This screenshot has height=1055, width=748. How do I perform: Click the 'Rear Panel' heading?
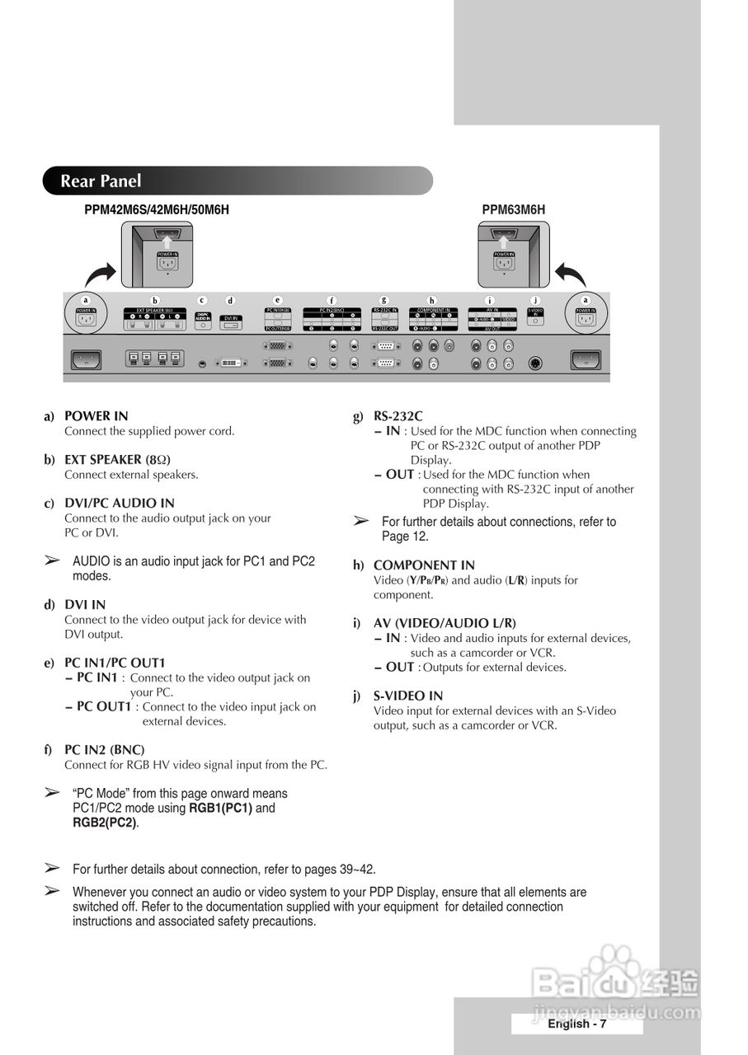(x=101, y=181)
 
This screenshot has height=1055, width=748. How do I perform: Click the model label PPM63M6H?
(x=513, y=210)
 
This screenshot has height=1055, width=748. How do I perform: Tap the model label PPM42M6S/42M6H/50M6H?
(x=157, y=210)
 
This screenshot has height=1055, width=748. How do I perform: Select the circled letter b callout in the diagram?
(x=154, y=301)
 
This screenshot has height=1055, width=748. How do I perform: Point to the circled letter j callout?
(x=535, y=301)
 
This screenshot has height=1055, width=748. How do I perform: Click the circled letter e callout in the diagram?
(x=277, y=301)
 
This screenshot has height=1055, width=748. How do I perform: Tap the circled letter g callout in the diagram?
(x=383, y=301)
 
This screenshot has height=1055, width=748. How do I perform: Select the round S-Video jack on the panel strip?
(x=535, y=363)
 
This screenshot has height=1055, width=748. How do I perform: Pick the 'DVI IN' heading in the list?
(x=85, y=605)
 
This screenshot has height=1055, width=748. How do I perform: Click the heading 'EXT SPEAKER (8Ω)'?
(x=117, y=460)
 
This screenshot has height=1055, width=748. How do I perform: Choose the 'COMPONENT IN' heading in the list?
(x=424, y=565)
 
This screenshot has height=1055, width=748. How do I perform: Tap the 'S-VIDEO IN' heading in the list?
(x=408, y=696)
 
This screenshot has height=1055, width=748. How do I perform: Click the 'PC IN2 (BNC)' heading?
(x=104, y=750)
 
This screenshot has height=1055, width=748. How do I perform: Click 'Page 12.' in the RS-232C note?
(x=405, y=537)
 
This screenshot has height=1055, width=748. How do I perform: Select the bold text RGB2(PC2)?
(x=104, y=823)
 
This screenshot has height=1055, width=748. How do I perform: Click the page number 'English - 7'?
(x=576, y=1024)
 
